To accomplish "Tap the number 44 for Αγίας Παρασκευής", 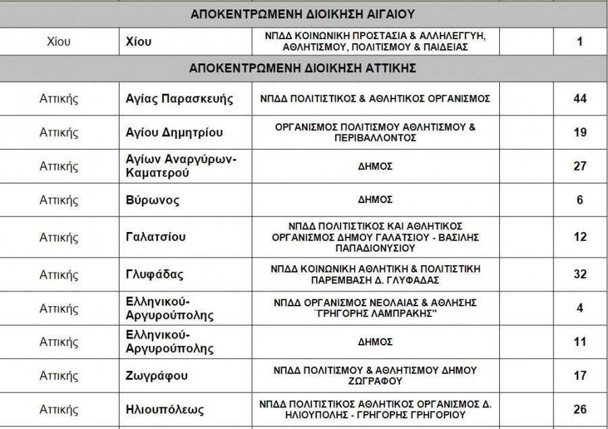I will pyautogui.click(x=580, y=99).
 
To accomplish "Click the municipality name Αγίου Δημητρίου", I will pyautogui.click(x=174, y=132).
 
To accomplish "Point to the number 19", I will pyautogui.click(x=580, y=132).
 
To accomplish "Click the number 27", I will pyautogui.click(x=580, y=166).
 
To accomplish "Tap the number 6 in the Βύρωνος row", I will pyautogui.click(x=580, y=200).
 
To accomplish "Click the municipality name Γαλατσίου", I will pyautogui.click(x=156, y=237).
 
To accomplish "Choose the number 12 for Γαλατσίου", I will pyautogui.click(x=580, y=237).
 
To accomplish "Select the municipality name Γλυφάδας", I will pyautogui.click(x=155, y=275).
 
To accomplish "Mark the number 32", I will pyautogui.click(x=580, y=275).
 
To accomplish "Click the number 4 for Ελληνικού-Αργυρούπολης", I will pyautogui.click(x=580, y=308).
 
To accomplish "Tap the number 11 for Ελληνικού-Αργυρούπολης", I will pyautogui.click(x=580, y=342).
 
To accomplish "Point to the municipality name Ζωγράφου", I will pyautogui.click(x=157, y=376).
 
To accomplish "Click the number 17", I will pyautogui.click(x=580, y=376).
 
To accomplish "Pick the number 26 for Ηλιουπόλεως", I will pyautogui.click(x=580, y=409).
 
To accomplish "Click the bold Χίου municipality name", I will pyautogui.click(x=139, y=42).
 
